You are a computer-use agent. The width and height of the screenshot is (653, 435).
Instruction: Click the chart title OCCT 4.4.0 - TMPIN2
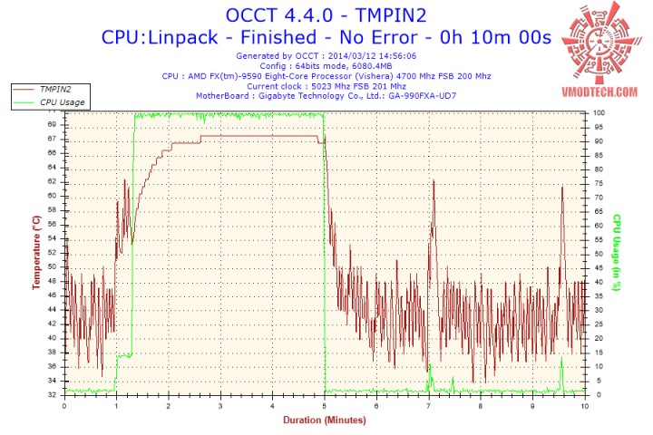[x=326, y=15]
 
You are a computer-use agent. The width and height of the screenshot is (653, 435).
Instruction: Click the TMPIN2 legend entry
[x=56, y=90]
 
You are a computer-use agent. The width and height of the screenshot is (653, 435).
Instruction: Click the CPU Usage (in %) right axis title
[x=616, y=253]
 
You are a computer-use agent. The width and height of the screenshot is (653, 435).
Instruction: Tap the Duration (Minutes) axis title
[x=324, y=420]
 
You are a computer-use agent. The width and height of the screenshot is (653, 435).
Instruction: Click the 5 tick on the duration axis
[x=325, y=406]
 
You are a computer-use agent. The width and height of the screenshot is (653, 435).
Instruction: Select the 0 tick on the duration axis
[x=63, y=406]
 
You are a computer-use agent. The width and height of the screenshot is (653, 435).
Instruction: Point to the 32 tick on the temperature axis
[x=54, y=395]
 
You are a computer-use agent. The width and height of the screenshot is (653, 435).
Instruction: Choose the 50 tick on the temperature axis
[x=54, y=266]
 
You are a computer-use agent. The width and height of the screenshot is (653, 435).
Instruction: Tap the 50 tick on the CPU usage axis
[x=598, y=254]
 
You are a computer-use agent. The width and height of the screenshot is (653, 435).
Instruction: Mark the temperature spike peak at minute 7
[x=434, y=180]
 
